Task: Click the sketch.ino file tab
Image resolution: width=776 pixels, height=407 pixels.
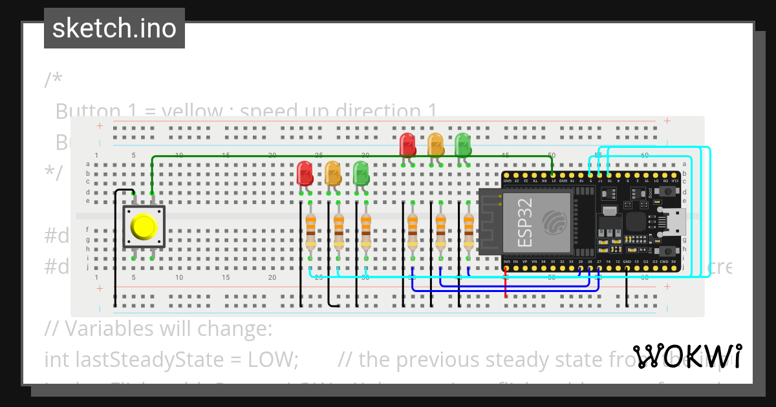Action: tap(114, 28)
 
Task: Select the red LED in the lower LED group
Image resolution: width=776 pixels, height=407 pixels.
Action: tap(305, 173)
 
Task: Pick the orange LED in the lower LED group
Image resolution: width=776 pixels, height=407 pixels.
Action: tap(332, 173)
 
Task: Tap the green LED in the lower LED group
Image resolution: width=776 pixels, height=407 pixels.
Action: tap(361, 173)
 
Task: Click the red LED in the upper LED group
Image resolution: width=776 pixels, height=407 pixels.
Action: tap(407, 143)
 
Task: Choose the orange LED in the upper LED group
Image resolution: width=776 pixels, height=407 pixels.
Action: tap(436, 143)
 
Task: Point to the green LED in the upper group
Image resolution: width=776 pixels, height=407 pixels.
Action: tap(463, 143)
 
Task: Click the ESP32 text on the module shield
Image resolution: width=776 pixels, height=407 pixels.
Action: tap(526, 224)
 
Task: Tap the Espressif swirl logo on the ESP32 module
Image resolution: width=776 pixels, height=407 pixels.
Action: tap(555, 222)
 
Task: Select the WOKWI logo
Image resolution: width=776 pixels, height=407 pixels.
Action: tap(687, 357)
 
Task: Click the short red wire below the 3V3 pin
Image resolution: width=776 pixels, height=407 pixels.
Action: tap(506, 284)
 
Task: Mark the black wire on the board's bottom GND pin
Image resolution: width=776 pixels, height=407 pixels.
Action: tap(627, 287)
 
